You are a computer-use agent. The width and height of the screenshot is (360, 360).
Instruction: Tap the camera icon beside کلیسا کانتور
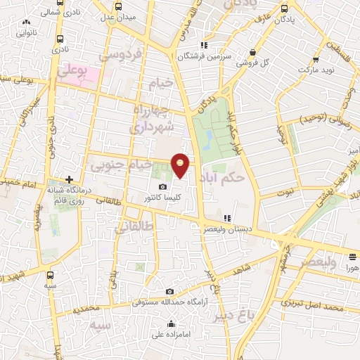coord(163,187)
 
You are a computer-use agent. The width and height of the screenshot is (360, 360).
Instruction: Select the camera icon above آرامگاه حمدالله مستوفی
coord(169,291)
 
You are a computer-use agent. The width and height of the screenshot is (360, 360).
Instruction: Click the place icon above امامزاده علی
coord(172,324)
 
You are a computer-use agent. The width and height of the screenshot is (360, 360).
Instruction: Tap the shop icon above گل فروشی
coord(252,52)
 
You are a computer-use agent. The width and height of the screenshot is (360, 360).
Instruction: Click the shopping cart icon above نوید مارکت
coord(314,60)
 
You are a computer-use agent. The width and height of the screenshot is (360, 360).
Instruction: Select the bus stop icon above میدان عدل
coord(115,5)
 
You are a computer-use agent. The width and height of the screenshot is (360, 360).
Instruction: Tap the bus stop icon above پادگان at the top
coord(283,9)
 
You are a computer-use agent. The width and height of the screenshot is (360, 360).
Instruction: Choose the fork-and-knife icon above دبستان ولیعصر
coord(226,217)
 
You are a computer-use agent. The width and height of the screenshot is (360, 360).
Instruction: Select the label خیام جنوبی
coord(116,165)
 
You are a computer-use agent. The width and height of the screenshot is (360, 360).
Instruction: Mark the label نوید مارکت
coord(314,71)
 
